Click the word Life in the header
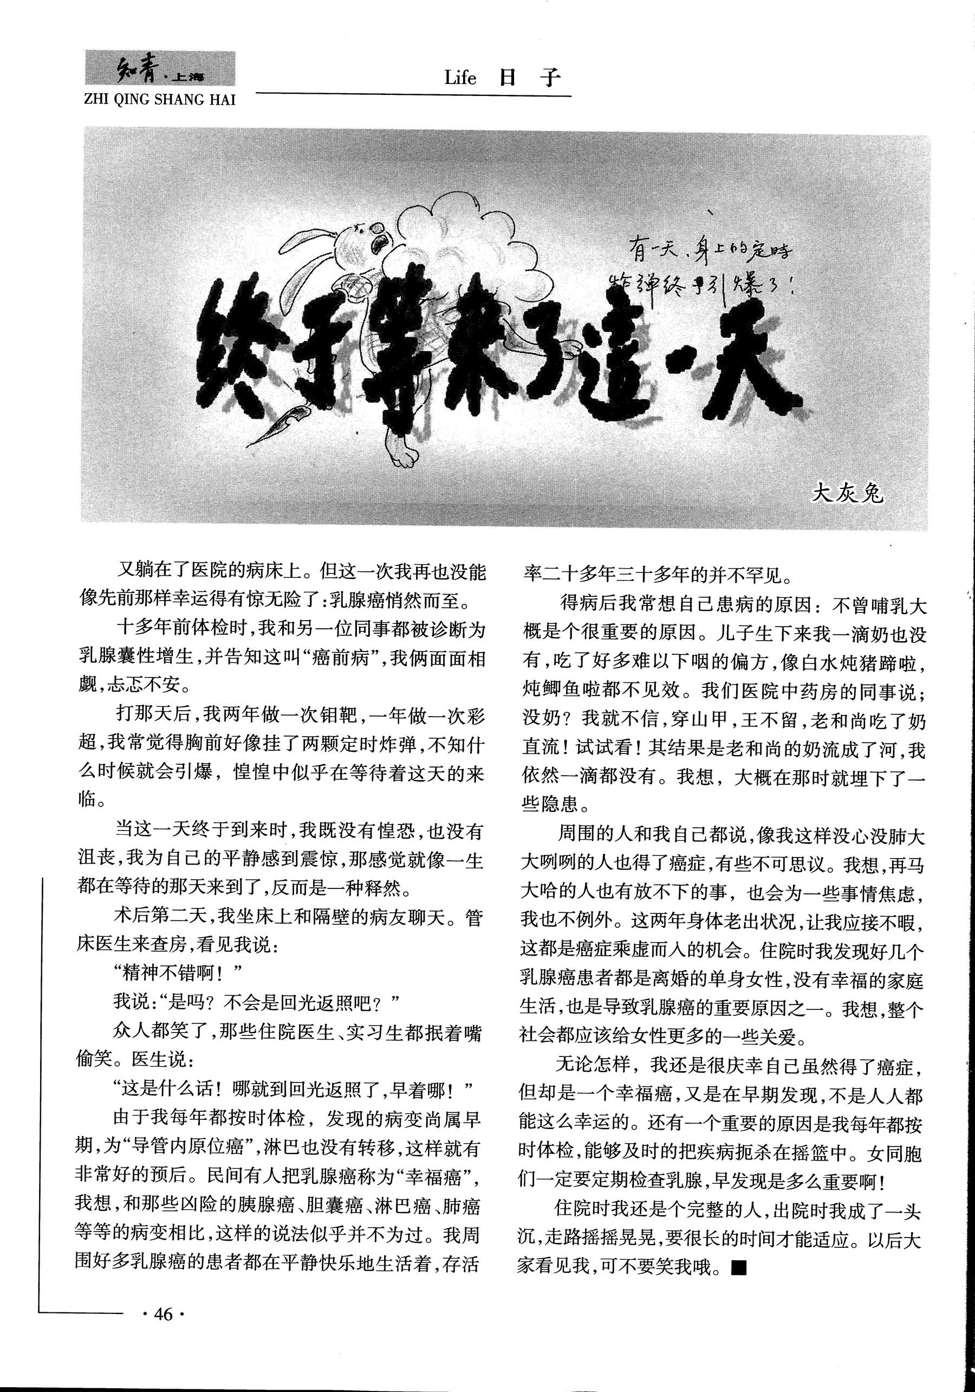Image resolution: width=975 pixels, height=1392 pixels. pos(460,79)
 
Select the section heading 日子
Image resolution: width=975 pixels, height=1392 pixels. pos(527,78)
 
